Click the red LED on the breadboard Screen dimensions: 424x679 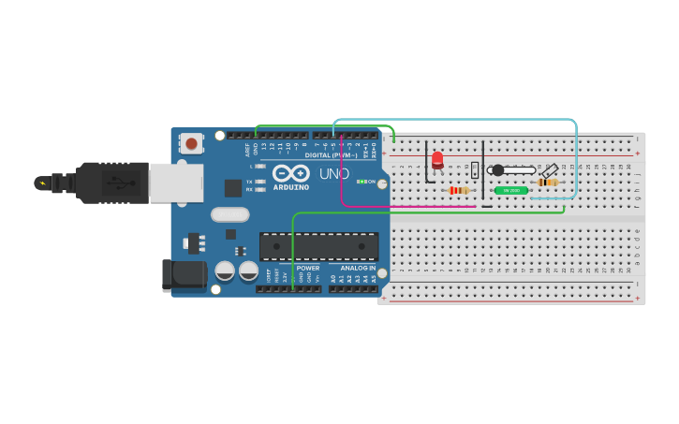click(x=437, y=159)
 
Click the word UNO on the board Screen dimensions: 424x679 click(x=334, y=174)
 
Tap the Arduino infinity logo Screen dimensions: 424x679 click(x=291, y=173)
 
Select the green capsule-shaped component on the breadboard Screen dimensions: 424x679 click(x=510, y=190)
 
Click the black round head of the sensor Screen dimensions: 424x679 click(x=498, y=170)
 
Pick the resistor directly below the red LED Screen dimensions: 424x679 click(x=458, y=190)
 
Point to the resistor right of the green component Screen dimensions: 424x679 click(x=548, y=183)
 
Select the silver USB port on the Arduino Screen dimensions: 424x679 click(x=176, y=183)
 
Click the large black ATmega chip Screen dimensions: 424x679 click(x=318, y=246)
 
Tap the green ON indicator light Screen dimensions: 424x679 click(x=362, y=182)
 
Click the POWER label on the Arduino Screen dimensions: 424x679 click(x=308, y=269)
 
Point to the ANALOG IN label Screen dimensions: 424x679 click(x=358, y=269)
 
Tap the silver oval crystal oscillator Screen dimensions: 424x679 click(x=230, y=215)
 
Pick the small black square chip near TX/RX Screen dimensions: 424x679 click(x=233, y=188)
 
